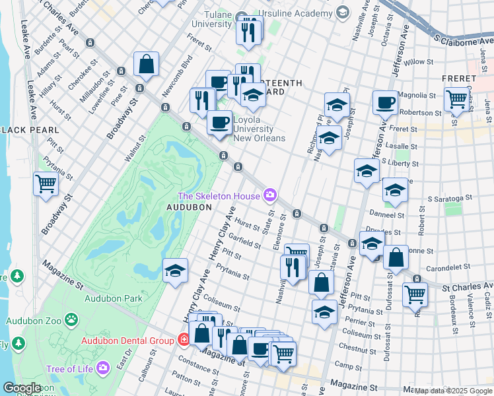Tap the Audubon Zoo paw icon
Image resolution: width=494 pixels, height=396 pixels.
(x=71, y=321)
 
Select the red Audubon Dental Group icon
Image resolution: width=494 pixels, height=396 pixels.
(x=183, y=340)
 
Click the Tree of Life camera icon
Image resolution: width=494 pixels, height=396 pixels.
(x=102, y=368)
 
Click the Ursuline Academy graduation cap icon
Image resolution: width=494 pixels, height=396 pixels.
(x=342, y=13)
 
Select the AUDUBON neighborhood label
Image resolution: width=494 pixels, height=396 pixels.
(x=189, y=207)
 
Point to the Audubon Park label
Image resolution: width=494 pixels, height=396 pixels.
(x=114, y=298)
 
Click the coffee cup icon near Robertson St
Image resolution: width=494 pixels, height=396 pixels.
(x=385, y=103)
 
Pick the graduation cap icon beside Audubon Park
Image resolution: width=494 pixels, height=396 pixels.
(x=176, y=271)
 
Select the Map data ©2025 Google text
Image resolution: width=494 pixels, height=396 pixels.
(x=453, y=391)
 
